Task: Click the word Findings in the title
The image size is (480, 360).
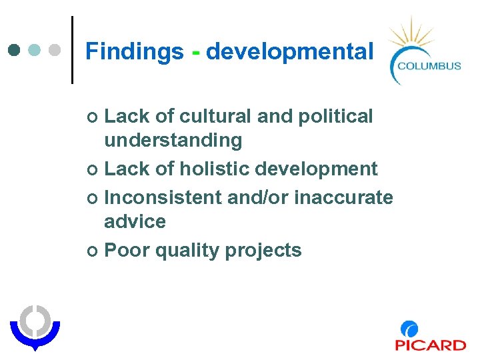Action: [134, 51]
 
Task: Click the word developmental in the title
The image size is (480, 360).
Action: [289, 51]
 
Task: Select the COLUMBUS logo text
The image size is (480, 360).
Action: [429, 65]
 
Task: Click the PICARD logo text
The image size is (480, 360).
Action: [430, 345]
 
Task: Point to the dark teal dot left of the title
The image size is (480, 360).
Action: [15, 50]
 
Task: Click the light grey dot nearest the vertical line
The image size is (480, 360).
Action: [56, 50]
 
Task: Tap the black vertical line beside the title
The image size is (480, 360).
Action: [72, 50]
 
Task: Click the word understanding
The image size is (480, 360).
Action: [173, 141]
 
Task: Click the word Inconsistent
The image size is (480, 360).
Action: [163, 197]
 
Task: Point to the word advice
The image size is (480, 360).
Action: [135, 221]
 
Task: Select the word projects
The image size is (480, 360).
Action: [263, 251]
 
